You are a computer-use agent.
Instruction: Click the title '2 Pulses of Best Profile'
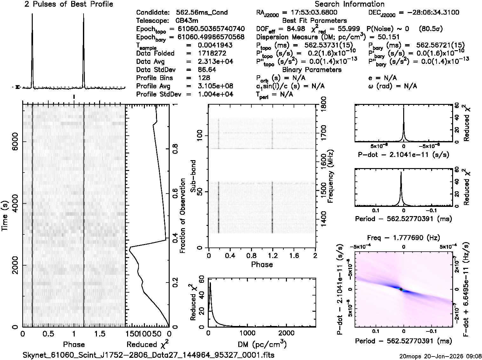tap(69, 4)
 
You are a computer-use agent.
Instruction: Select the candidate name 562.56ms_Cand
tap(202, 12)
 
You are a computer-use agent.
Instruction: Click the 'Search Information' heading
tap(350, 4)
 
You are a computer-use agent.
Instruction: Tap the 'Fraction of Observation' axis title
tap(182, 216)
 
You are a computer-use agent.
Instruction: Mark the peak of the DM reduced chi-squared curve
tap(210, 282)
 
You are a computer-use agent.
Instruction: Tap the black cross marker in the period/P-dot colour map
tap(401, 289)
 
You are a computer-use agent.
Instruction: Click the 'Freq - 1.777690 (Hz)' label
tap(404, 238)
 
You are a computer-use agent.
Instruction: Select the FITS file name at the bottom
tap(149, 355)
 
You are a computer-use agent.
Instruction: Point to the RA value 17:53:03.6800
tap(310, 12)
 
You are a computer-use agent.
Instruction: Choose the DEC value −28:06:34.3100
tap(429, 12)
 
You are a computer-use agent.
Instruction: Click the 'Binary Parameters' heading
tap(312, 70)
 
